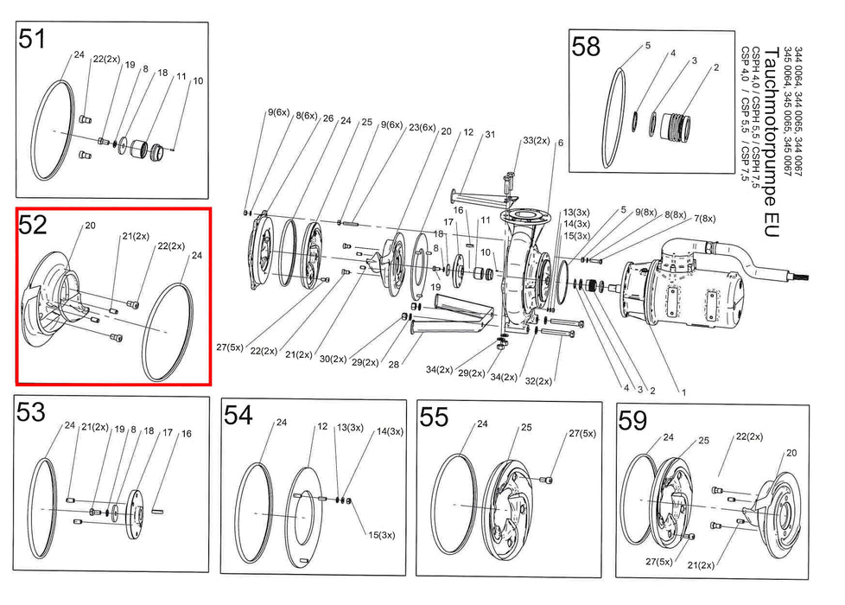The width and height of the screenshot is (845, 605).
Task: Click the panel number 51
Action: click(x=33, y=40)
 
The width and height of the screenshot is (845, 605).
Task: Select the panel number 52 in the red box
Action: click(x=33, y=226)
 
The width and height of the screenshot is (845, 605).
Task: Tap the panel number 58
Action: click(x=586, y=47)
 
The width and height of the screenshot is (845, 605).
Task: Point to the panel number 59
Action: click(x=633, y=421)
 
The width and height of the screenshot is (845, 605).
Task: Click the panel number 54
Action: click(x=238, y=416)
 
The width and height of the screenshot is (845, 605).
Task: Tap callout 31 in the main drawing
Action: click(x=490, y=134)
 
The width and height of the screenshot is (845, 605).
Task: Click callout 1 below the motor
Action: click(x=683, y=392)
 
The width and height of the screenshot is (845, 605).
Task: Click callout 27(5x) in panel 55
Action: click(x=583, y=433)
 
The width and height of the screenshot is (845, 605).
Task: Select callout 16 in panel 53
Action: click(x=187, y=434)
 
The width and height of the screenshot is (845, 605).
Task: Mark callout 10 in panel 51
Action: click(x=198, y=80)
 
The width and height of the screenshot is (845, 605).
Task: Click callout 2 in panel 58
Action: click(x=715, y=67)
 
